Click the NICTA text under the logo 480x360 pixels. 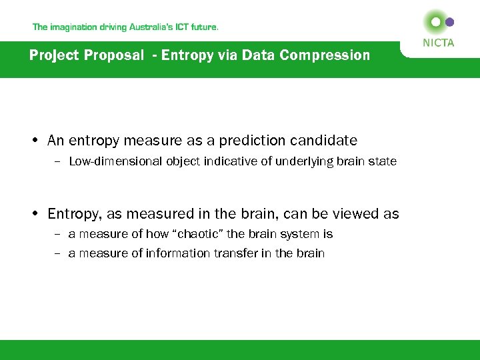tap(438, 43)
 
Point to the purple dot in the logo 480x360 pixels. tap(450, 22)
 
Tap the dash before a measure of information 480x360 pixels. tap(58, 253)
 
